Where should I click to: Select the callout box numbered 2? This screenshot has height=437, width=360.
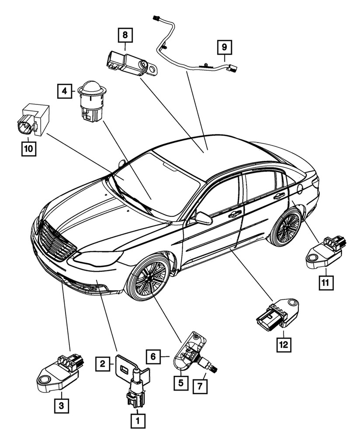point(102,363)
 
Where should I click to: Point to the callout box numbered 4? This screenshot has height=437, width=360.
point(64,91)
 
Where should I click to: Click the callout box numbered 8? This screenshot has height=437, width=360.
point(125,34)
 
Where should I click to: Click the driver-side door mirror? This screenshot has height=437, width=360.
point(203,218)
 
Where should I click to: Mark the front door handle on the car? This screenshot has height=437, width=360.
point(234,214)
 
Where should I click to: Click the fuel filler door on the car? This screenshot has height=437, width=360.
point(300,189)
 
